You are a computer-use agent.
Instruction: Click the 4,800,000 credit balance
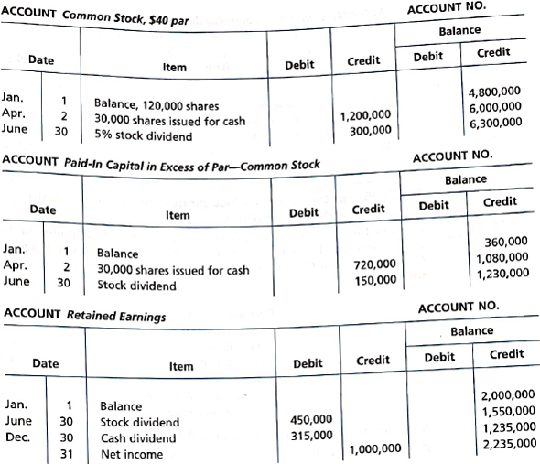494,92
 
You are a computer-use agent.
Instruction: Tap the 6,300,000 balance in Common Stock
494,122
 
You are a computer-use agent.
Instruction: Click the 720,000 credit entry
374,264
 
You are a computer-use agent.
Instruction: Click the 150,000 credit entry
374,279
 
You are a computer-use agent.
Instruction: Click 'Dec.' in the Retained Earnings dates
16,437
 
